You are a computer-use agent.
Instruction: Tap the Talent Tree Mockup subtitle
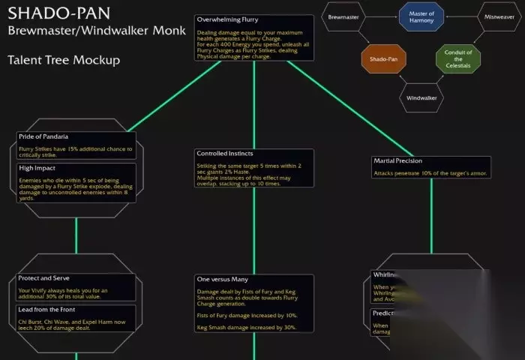(x=63, y=60)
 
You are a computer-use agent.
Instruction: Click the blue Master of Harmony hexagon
(x=422, y=15)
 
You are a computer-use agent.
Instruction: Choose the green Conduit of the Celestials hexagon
(x=459, y=57)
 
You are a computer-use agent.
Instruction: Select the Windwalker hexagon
(x=421, y=98)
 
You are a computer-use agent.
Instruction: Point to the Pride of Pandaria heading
(x=43, y=136)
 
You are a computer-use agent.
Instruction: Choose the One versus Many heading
(x=222, y=279)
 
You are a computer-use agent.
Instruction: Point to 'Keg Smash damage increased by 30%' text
(x=246, y=327)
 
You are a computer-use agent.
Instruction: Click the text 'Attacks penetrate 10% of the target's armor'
(x=430, y=173)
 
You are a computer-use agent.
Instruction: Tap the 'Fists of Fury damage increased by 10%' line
(x=247, y=315)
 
